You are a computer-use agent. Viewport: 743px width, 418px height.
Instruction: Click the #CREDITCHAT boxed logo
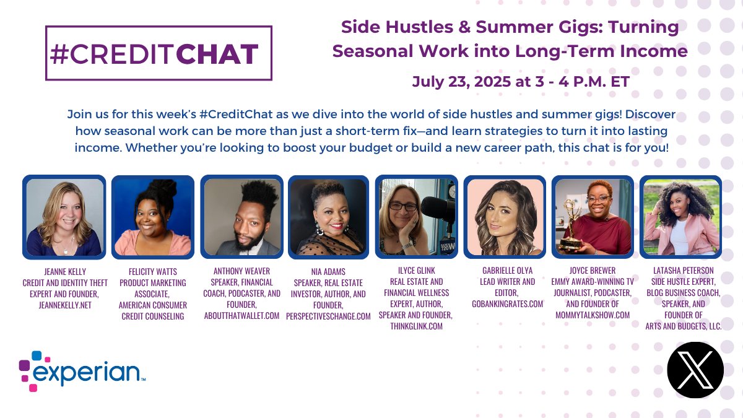point(159,53)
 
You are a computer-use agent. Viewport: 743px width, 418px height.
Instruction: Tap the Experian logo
point(82,371)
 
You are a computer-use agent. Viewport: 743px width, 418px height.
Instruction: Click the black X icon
point(695,370)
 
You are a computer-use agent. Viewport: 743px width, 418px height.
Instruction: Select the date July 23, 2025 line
point(521,82)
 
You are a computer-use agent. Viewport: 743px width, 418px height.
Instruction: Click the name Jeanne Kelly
point(65,272)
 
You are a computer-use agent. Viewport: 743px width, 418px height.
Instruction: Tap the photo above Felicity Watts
point(153,217)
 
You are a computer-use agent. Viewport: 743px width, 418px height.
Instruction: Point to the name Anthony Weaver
point(241,271)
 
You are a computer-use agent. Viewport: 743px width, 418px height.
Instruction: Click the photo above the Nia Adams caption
point(328,217)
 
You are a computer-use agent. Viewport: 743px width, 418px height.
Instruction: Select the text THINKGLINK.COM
point(416,326)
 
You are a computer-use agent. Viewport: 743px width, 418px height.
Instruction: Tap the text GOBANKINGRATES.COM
point(508,304)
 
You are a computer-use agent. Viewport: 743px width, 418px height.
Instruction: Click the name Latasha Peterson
point(684,271)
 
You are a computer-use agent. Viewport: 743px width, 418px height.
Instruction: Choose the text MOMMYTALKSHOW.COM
point(593,315)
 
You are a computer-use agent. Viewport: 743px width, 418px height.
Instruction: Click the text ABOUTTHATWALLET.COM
point(241,315)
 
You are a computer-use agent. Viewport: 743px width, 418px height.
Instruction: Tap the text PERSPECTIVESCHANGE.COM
point(328,316)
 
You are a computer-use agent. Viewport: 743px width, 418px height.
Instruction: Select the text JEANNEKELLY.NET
point(65,305)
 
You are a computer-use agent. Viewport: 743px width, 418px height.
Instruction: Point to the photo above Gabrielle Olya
point(505,217)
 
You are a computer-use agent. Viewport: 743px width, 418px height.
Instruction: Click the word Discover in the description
point(650,114)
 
